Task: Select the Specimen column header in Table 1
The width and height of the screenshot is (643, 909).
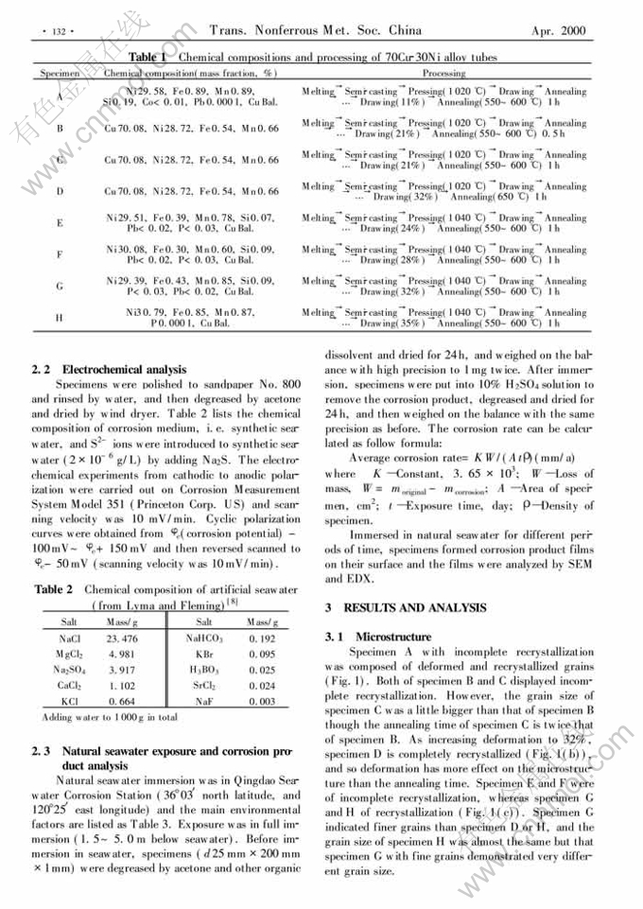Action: pyautogui.click(x=59, y=73)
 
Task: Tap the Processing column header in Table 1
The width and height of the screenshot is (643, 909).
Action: pyautogui.click(x=443, y=73)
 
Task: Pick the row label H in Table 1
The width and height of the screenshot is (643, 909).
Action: pyautogui.click(x=60, y=318)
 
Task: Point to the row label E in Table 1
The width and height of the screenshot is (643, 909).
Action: pyautogui.click(x=60, y=223)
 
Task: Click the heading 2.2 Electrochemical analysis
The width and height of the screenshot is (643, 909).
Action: pyautogui.click(x=110, y=369)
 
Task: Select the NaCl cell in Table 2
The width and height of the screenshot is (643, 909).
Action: pyautogui.click(x=69, y=639)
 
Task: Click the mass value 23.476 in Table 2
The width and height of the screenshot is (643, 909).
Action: pyautogui.click(x=125, y=639)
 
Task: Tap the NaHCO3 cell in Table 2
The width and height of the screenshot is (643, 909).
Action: pyautogui.click(x=204, y=639)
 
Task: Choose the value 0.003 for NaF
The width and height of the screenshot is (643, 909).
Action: pyautogui.click(x=263, y=701)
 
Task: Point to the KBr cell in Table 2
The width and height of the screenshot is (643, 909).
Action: pyautogui.click(x=203, y=655)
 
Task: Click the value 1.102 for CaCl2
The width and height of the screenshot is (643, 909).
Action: pyautogui.click(x=125, y=686)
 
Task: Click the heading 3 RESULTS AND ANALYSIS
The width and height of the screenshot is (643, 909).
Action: pyautogui.click(x=406, y=607)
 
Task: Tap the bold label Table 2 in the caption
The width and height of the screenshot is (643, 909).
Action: pyautogui.click(x=55, y=588)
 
